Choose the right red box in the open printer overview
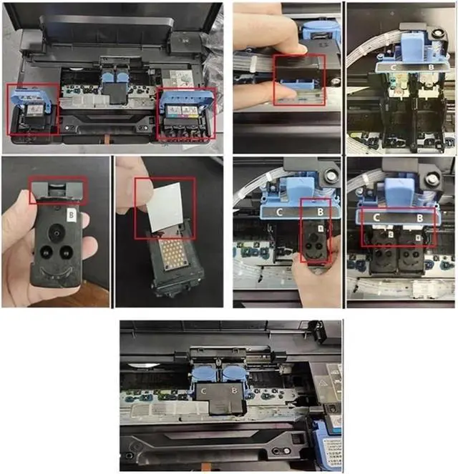[x=186, y=114]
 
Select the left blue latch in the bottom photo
[x=201, y=372]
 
